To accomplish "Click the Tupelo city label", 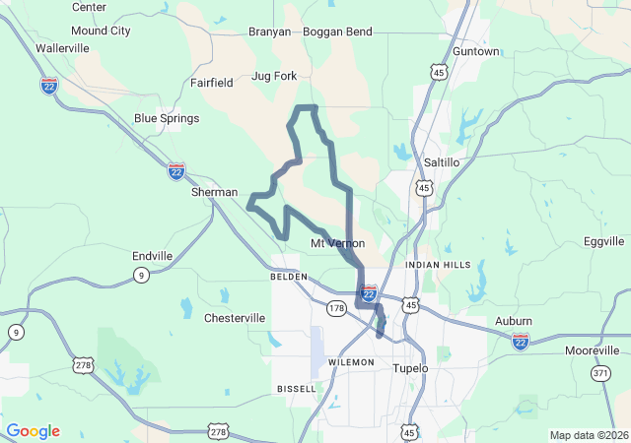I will [410, 368].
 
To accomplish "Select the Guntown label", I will [475, 50].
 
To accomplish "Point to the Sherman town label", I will [214, 193].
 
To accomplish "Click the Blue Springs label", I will [167, 118].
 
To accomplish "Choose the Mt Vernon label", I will [337, 243].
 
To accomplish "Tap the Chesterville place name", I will [234, 318].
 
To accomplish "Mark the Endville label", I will [152, 256].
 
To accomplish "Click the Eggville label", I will [604, 241].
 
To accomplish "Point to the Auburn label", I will [513, 321].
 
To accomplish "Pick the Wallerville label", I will [62, 47].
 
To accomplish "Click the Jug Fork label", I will [274, 75].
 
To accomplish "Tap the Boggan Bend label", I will [337, 32].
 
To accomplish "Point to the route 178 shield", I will [337, 308].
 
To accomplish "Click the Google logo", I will [33, 431].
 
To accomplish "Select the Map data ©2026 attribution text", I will [588, 435].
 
